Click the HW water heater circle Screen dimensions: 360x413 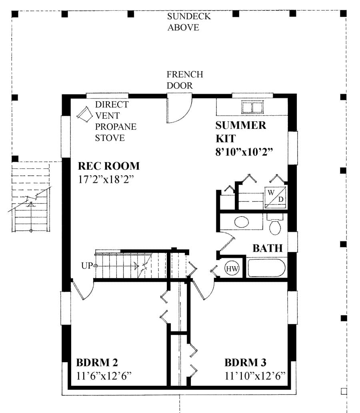point(232,269)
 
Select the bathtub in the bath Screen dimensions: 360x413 point(266,268)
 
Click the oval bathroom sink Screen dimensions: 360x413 point(242,222)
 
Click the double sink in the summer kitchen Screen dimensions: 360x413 point(252,107)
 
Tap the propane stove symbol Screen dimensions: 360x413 point(84,114)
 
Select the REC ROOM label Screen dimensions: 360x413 point(109,166)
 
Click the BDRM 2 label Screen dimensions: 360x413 point(97,363)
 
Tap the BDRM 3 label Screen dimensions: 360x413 point(246,363)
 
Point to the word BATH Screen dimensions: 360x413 point(268,248)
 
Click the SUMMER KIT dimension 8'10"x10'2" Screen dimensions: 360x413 point(244,152)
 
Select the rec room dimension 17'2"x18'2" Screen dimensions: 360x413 point(106,179)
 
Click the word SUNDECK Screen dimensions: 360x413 point(189,16)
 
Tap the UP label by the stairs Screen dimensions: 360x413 point(87,266)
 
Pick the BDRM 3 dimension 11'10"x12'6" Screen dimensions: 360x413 point(255,376)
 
